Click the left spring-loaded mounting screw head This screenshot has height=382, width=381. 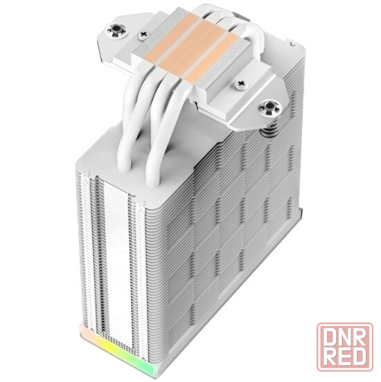(x=116, y=30)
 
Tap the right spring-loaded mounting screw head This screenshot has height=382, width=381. (x=270, y=107)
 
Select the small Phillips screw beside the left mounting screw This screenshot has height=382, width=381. (x=143, y=35)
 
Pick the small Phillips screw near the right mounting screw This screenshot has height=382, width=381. (x=242, y=84)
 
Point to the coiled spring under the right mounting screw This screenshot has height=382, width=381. (x=270, y=128)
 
